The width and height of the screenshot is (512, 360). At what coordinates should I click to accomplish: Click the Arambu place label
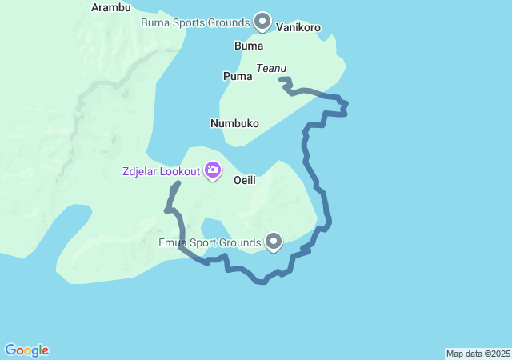(110, 7)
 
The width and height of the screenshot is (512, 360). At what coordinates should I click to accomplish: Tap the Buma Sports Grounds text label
(196, 22)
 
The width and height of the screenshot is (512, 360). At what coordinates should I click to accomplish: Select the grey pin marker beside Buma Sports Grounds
(262, 20)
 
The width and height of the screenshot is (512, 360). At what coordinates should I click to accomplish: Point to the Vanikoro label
(298, 27)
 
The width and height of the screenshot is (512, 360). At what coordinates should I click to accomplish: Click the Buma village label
(248, 46)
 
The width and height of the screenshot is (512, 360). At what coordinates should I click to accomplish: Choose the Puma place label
(237, 76)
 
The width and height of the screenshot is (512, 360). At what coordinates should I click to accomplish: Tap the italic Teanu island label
(271, 69)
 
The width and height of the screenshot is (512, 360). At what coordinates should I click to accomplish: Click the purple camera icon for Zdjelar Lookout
(213, 170)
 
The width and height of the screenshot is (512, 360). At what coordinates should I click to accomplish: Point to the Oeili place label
(244, 181)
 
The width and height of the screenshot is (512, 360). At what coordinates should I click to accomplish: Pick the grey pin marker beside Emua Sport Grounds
(274, 241)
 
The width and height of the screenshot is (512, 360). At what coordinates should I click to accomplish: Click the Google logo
(27, 350)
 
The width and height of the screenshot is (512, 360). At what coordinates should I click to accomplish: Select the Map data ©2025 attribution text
(478, 354)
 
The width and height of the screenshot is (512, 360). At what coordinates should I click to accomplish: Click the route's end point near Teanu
(281, 78)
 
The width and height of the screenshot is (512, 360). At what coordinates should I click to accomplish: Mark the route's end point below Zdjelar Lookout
(177, 184)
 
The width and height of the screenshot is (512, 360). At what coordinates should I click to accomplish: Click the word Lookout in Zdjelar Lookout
(178, 170)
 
